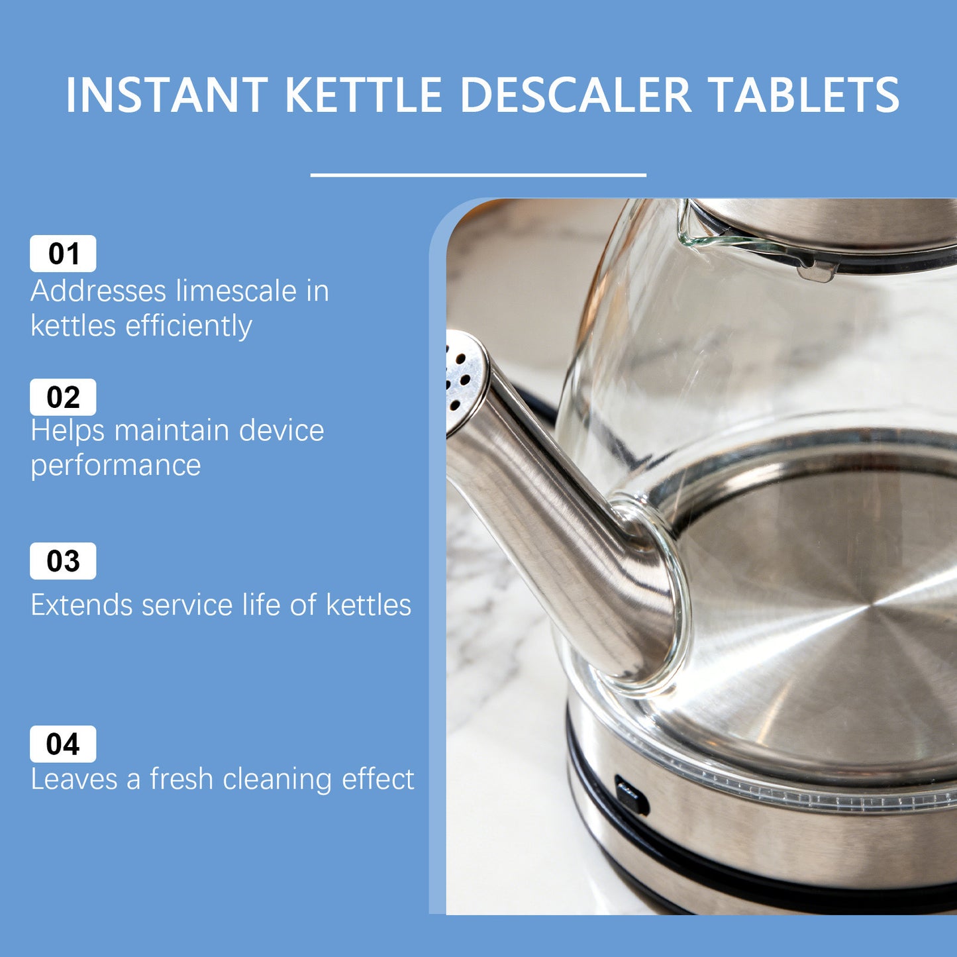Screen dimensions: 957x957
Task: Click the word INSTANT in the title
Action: pyautogui.click(x=166, y=95)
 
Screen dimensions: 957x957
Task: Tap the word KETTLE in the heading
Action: pyautogui.click(x=364, y=95)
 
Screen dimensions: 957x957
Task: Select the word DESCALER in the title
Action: pyautogui.click(x=576, y=95)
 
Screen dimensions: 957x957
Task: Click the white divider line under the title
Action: pyautogui.click(x=478, y=175)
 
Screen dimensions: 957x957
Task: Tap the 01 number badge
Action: pyautogui.click(x=63, y=254)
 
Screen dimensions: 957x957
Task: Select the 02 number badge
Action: pyautogui.click(x=63, y=397)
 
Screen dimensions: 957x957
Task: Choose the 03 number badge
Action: pyautogui.click(x=63, y=561)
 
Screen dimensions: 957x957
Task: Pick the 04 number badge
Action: pyautogui.click(x=63, y=744)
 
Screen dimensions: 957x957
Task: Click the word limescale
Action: pyautogui.click(x=236, y=291)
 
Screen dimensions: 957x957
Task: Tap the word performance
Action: pyautogui.click(x=116, y=466)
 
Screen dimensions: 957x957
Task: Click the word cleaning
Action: pyautogui.click(x=277, y=779)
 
